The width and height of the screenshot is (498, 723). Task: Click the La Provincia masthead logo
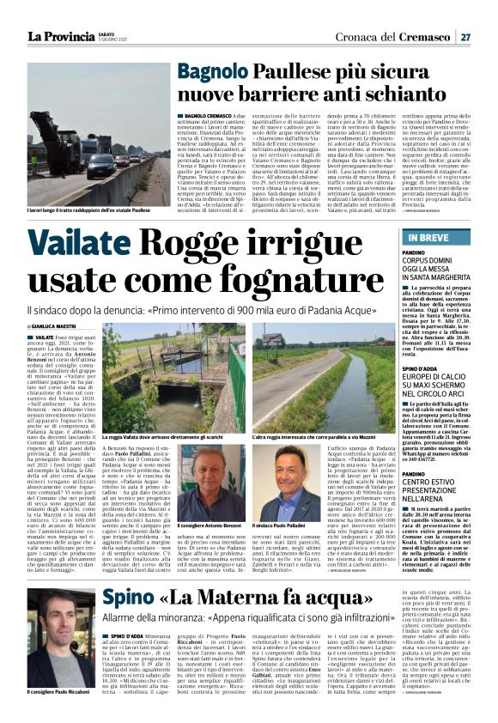tap(61, 36)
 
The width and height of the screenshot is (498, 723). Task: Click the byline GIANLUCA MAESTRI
tap(54, 327)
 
